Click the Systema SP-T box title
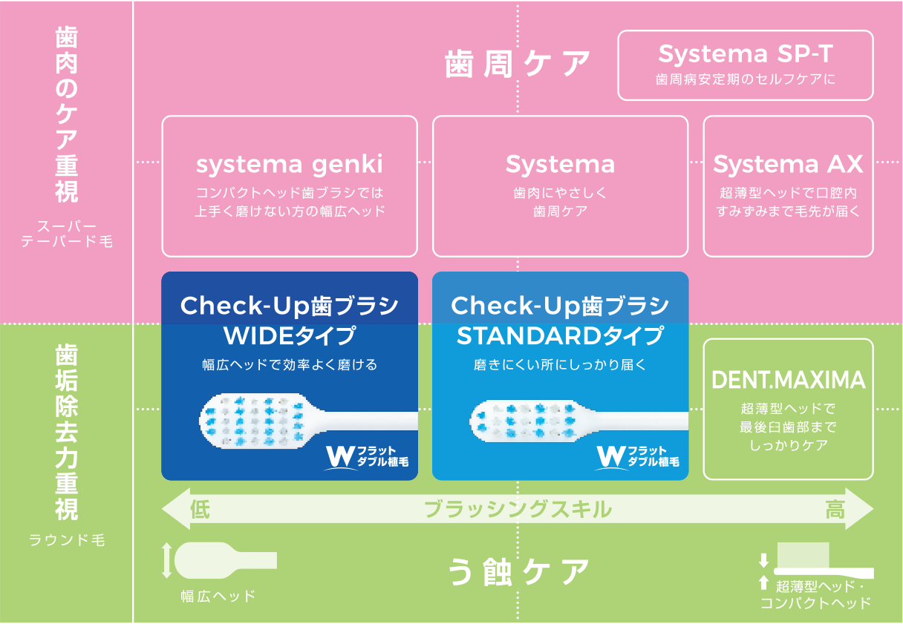745,53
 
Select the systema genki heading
290,164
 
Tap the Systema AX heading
788,164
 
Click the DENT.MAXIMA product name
788,380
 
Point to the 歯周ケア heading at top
518,65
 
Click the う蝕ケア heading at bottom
518,572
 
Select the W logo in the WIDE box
339,456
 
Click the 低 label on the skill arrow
200,510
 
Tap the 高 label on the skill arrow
835,510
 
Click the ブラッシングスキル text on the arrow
518,510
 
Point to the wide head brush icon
223,560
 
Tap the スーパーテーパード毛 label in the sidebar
67,232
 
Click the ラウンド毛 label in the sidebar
67,540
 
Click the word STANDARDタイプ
560,336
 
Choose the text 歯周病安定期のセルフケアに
745,79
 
